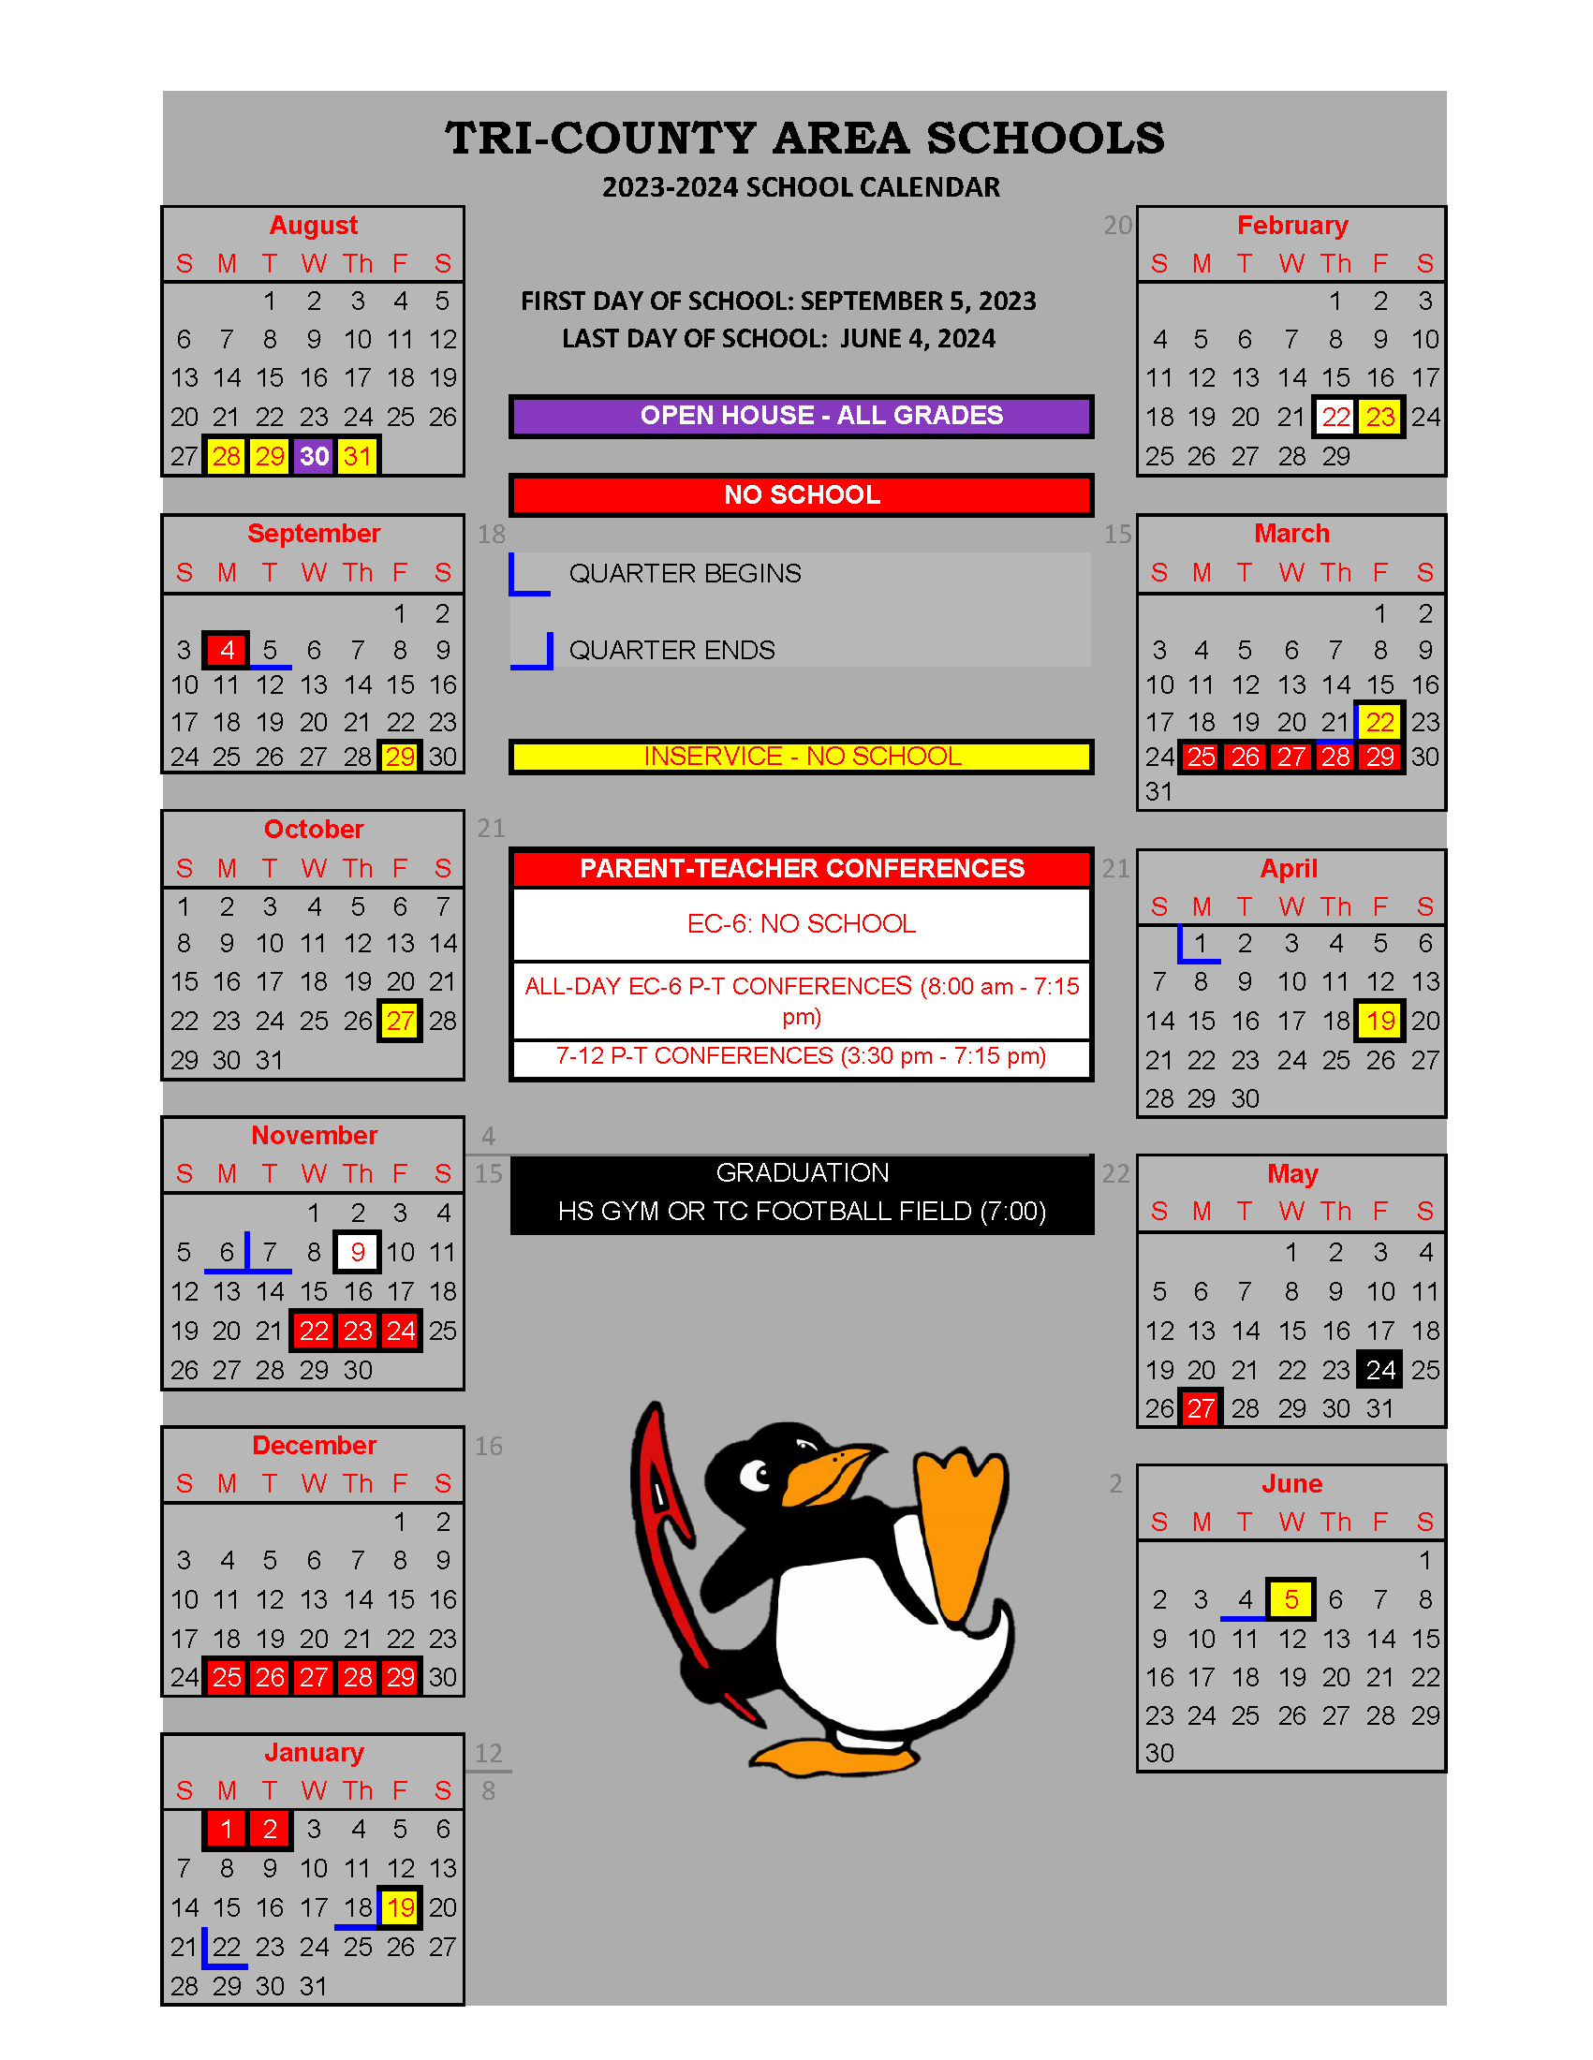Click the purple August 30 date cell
click(x=313, y=457)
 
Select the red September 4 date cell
click(x=227, y=650)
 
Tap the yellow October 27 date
click(x=400, y=1021)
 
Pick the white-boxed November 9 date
click(x=358, y=1252)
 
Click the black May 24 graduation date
click(x=1379, y=1370)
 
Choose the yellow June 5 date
click(x=1291, y=1598)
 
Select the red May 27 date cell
click(x=1201, y=1408)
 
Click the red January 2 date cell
click(x=270, y=1829)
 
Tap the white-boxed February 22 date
click(x=1335, y=417)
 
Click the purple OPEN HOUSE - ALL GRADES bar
click(x=801, y=416)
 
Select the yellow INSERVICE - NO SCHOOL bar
click(x=801, y=757)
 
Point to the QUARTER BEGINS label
click(x=685, y=573)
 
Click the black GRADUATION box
click(x=801, y=1193)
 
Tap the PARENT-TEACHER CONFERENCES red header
click(x=801, y=868)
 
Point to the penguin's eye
click(x=757, y=1474)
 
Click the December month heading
click(x=313, y=1445)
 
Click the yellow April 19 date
click(x=1379, y=1021)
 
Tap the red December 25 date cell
click(x=227, y=1677)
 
